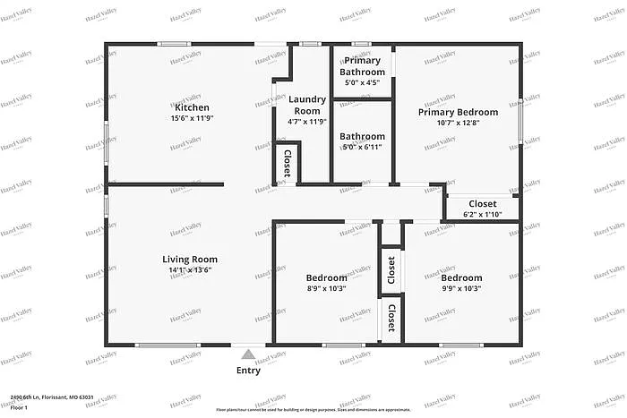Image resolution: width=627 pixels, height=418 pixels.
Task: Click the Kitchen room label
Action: pos(192,107)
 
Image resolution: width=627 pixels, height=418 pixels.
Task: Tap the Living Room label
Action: pos(192,260)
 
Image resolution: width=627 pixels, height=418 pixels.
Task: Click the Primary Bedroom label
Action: pos(458,112)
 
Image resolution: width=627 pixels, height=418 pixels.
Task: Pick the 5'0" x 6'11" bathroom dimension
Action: pos(363,148)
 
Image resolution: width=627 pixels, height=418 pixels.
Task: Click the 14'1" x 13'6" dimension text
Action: pos(192,271)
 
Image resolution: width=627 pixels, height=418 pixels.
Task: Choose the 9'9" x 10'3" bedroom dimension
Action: pos(461,289)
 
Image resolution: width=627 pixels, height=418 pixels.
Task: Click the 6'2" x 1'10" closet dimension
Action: pos(483,215)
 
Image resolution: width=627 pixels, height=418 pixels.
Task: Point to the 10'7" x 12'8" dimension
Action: pos(458,124)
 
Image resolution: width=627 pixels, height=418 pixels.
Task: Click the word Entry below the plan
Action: pos(249,371)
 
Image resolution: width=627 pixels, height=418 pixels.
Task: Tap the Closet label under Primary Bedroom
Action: pos(483,203)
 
